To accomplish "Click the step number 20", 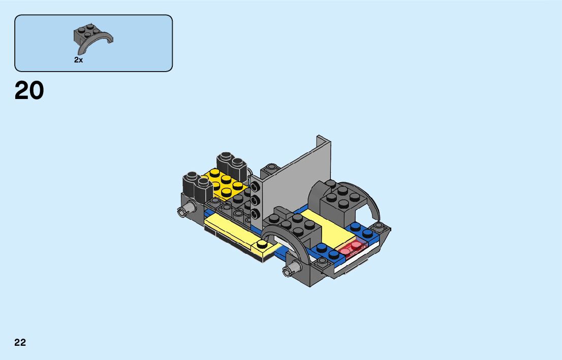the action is point(29,90).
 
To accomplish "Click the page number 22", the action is point(20,342).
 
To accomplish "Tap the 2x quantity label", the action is point(78,60).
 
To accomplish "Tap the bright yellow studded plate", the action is point(225,184).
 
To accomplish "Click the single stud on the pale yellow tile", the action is point(262,244).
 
